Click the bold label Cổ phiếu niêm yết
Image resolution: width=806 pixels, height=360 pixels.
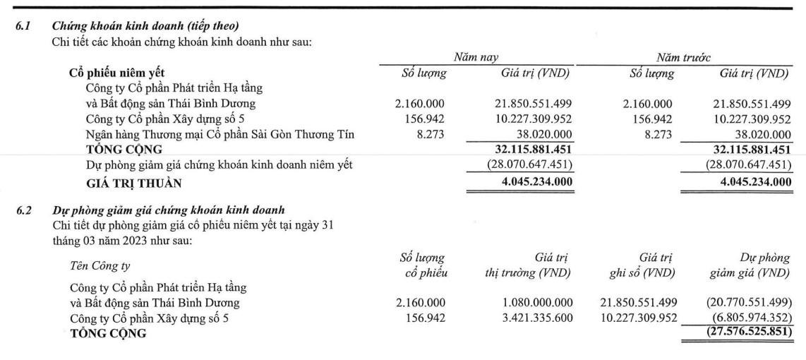[x=117, y=72]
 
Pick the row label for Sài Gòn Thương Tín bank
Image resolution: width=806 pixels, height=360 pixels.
[x=220, y=135]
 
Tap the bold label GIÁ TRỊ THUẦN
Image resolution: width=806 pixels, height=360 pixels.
[x=133, y=184]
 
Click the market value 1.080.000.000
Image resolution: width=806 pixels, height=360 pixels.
[x=528, y=303]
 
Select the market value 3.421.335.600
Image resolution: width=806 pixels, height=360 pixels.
[x=528, y=318]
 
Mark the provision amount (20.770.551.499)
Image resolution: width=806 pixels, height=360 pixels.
[x=747, y=303]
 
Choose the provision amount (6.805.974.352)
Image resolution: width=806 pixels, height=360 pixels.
[x=751, y=318]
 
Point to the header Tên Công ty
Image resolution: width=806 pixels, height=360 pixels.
[x=100, y=265]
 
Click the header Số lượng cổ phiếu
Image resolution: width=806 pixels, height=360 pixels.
[x=422, y=265]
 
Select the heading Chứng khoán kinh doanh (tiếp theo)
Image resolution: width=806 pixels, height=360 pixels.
[x=145, y=27]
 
